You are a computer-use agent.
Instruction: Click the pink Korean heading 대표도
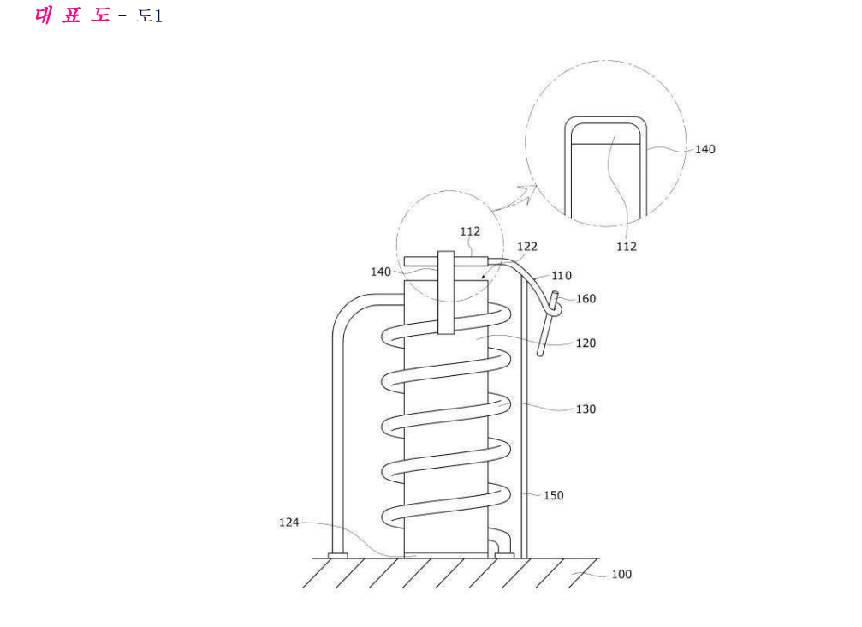pyautogui.click(x=72, y=15)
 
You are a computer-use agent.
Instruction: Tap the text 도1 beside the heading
pyautogui.click(x=149, y=16)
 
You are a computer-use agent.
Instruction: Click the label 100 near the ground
pyautogui.click(x=621, y=574)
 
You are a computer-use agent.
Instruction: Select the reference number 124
pyautogui.click(x=289, y=522)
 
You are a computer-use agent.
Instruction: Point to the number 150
pyautogui.click(x=554, y=496)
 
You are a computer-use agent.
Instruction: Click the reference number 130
pyautogui.click(x=586, y=409)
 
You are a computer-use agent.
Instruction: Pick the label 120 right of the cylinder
pyautogui.click(x=586, y=343)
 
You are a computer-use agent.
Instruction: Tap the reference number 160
pyautogui.click(x=586, y=299)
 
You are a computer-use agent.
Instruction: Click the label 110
pyautogui.click(x=562, y=276)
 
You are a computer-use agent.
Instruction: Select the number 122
pyautogui.click(x=527, y=247)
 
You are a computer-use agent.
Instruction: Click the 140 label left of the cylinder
pyautogui.click(x=381, y=272)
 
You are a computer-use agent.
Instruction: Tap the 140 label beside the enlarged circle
pyautogui.click(x=705, y=150)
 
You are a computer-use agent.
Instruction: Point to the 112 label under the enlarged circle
pyautogui.click(x=626, y=247)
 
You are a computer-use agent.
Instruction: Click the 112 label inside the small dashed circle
pyautogui.click(x=470, y=231)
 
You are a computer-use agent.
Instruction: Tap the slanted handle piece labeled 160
pyautogui.click(x=548, y=324)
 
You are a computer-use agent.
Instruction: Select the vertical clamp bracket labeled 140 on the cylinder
pyautogui.click(x=446, y=293)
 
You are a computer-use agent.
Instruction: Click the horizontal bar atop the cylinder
pyautogui.click(x=446, y=261)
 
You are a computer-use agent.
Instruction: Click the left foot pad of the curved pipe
pyautogui.click(x=337, y=556)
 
